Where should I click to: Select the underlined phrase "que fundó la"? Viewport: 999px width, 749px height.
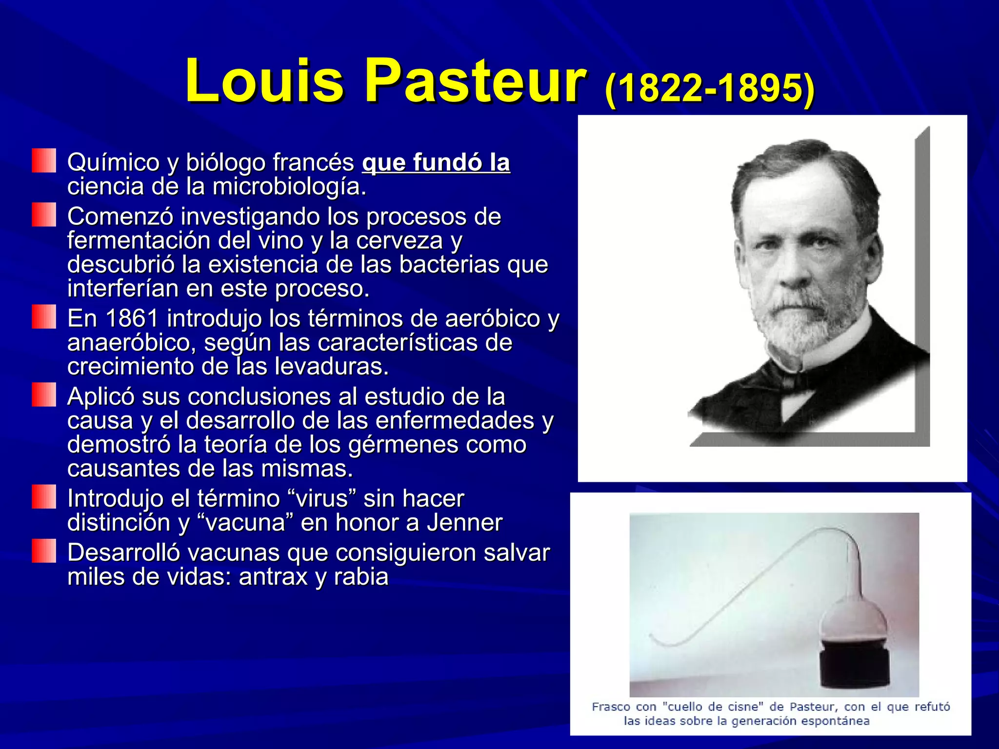click(436, 162)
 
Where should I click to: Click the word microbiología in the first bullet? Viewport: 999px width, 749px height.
click(289, 187)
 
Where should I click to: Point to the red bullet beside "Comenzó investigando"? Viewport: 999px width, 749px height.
click(44, 215)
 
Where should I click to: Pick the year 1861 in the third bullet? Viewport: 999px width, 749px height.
click(132, 318)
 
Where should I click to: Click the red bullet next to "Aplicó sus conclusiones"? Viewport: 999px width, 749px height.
click(44, 395)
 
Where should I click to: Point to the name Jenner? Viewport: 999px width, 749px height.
click(464, 523)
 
